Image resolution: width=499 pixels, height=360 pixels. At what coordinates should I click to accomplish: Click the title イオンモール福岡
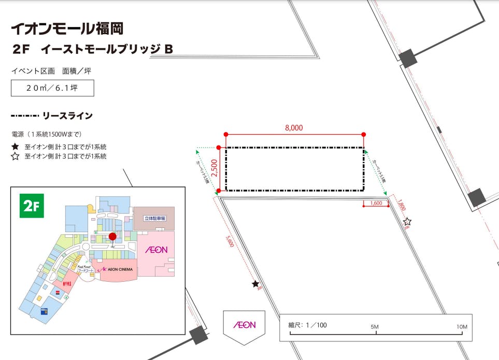(67, 28)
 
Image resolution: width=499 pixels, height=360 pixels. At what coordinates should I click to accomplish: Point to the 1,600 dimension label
(376, 203)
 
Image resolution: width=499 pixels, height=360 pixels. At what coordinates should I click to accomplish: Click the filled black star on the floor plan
(255, 284)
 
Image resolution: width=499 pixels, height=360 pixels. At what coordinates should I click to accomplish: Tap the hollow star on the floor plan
(407, 222)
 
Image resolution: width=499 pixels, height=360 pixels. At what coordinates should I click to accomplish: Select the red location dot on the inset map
(112, 237)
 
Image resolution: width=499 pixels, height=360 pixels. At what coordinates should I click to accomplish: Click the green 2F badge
(32, 206)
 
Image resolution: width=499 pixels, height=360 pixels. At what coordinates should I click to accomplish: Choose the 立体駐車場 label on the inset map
(154, 219)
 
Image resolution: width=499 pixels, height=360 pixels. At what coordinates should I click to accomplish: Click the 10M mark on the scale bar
(461, 327)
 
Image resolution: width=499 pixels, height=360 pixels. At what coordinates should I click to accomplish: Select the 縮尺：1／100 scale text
(308, 325)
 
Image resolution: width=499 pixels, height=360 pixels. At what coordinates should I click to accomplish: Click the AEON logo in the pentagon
(244, 325)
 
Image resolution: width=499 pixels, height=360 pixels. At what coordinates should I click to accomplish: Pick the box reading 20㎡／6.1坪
(52, 88)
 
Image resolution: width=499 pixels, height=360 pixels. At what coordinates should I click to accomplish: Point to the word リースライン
(68, 116)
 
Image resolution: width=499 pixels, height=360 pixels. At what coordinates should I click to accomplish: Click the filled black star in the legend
(15, 147)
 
